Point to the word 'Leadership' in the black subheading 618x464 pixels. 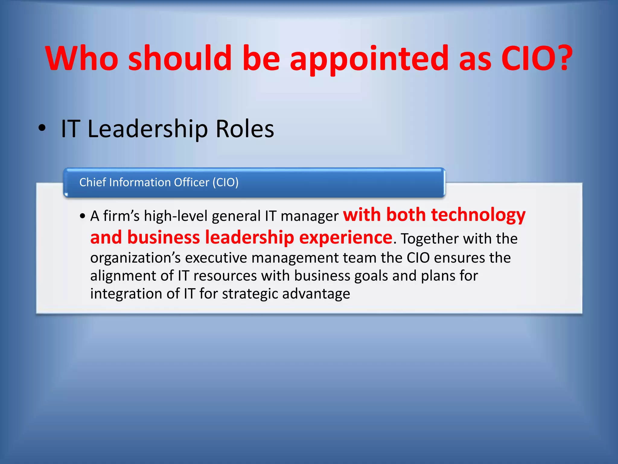(148, 129)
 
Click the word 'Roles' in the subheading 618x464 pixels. (245, 129)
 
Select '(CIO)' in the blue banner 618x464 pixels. (225, 182)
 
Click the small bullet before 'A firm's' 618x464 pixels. (83, 216)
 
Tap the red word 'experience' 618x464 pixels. (346, 237)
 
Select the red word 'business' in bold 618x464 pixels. (164, 237)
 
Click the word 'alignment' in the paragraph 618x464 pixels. (132, 276)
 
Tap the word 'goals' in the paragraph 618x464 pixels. (371, 276)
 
